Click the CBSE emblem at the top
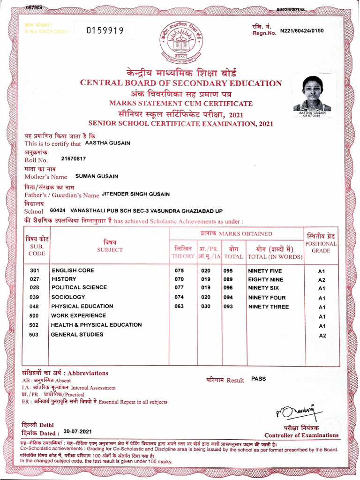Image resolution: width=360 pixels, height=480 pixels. (180, 42)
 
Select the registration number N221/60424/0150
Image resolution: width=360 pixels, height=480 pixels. (301, 31)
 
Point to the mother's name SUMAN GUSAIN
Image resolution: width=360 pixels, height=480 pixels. (97, 176)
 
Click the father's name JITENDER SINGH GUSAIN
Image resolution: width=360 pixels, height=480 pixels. (135, 194)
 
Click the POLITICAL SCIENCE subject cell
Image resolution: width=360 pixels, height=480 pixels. (79, 287)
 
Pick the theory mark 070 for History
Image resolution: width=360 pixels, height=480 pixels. (179, 279)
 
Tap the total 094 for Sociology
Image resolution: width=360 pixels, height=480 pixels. (228, 298)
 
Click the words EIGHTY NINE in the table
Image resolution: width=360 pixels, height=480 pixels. (266, 279)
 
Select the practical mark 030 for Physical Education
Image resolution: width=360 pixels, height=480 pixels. (205, 307)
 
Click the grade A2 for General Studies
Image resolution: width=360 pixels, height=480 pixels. (322, 336)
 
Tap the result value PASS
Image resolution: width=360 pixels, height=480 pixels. (258, 379)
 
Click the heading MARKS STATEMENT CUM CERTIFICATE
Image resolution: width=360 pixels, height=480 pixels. (180, 103)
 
